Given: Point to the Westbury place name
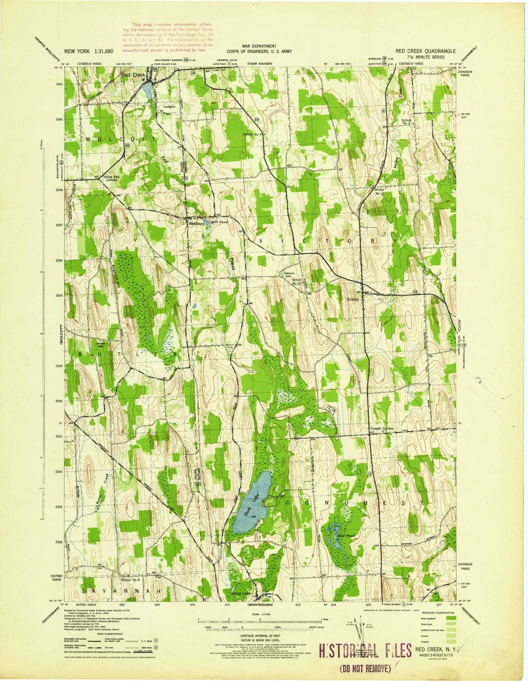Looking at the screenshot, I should point(196,224).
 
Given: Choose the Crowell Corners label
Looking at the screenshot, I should point(381,428).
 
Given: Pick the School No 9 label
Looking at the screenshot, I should point(253,134).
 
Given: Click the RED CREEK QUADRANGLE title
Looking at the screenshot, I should point(426,51).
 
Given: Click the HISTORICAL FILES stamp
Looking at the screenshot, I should point(365,651).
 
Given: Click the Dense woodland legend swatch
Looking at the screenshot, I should point(450,617).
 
